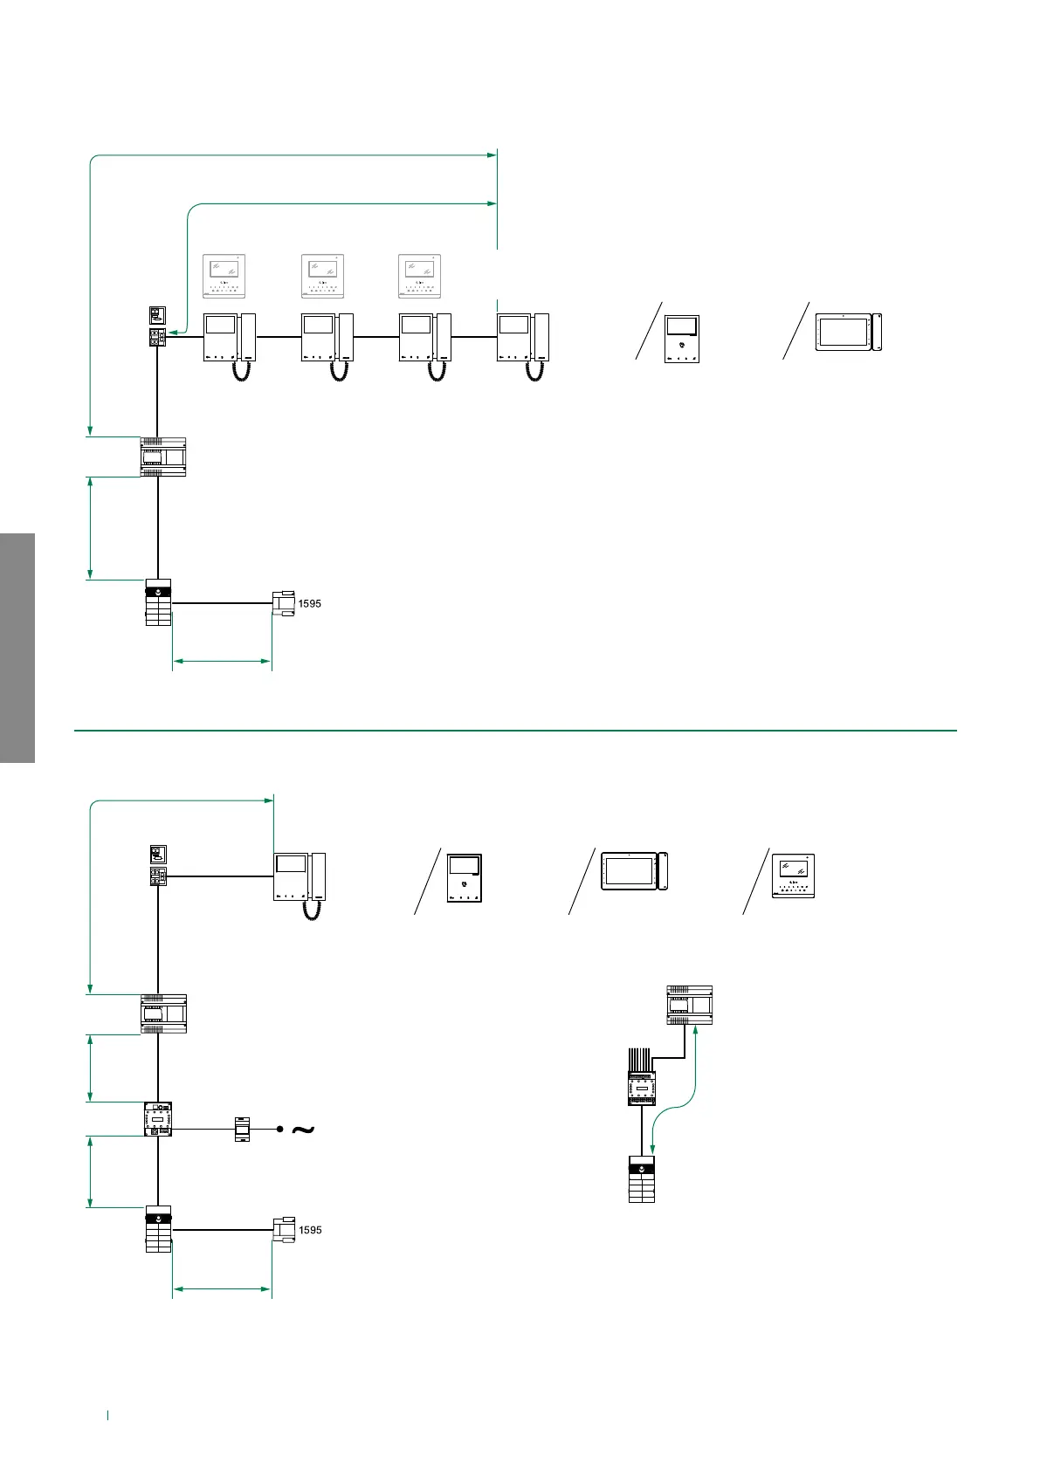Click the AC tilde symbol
pos(301,1130)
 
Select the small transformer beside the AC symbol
pos(243,1130)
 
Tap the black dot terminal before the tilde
pos(279,1130)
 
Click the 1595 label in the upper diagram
pos(310,603)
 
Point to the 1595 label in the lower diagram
pos(310,1230)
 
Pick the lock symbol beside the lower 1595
pos(283,1229)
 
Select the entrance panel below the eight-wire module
pos(642,1178)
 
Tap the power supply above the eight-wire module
pos(690,1005)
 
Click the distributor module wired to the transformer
pos(158,1118)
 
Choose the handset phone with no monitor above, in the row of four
pos(523,337)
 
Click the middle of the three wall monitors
pos(322,276)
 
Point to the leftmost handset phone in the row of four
pos(230,337)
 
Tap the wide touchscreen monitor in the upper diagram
pos(848,333)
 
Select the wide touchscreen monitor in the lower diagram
pos(634,871)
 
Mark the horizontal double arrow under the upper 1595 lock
pos(222,662)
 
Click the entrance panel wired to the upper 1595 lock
pos(158,602)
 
